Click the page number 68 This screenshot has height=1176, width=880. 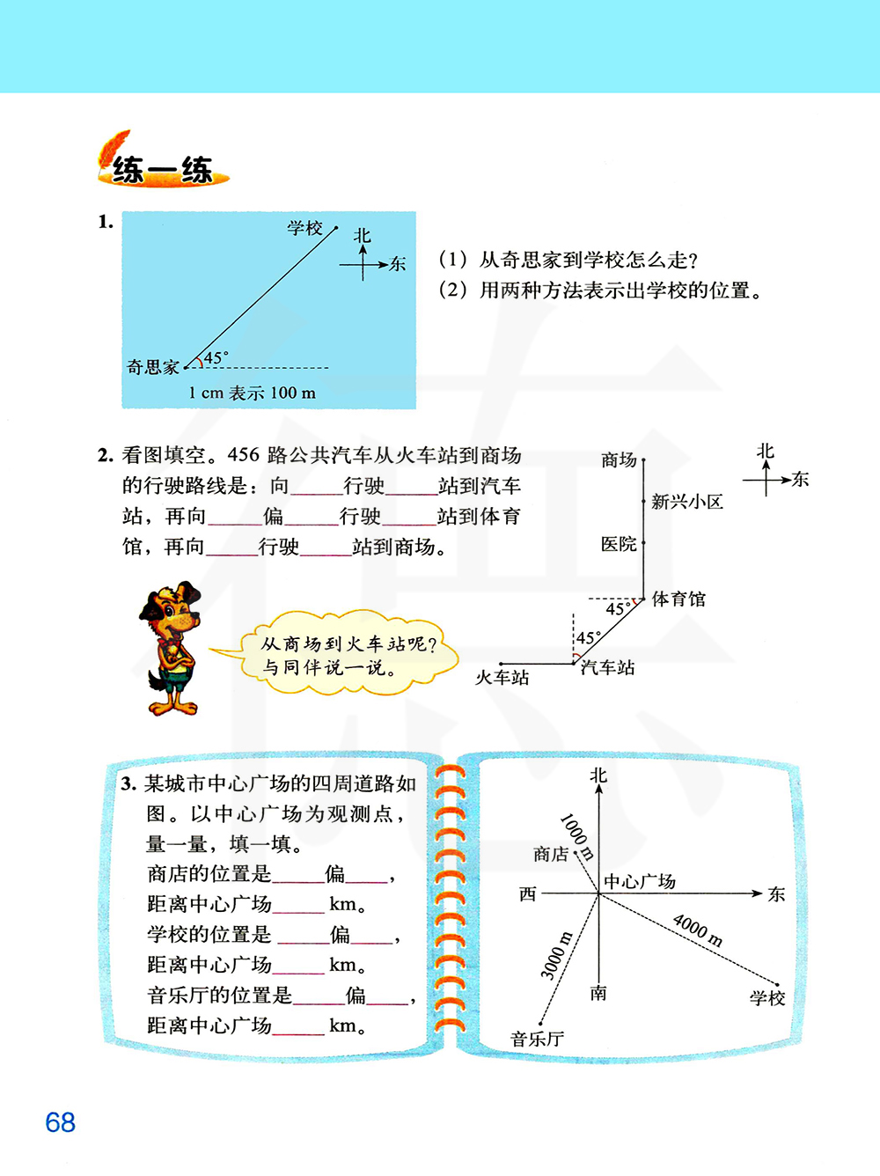60,1122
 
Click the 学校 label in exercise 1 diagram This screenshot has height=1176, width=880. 304,228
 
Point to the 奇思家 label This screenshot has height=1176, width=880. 153,367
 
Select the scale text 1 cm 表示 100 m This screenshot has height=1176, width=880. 252,393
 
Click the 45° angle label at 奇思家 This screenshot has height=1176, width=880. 216,357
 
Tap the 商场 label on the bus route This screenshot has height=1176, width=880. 619,459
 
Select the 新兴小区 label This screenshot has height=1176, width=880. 687,502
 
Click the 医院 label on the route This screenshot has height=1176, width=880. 619,544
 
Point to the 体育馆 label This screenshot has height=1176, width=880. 678,599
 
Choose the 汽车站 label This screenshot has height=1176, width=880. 608,667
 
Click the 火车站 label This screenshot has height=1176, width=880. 502,677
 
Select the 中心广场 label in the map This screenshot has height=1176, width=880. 640,881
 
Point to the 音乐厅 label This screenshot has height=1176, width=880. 537,1039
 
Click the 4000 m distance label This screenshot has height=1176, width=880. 698,930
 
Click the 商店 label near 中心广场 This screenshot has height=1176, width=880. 551,854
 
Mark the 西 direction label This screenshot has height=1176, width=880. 527,893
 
